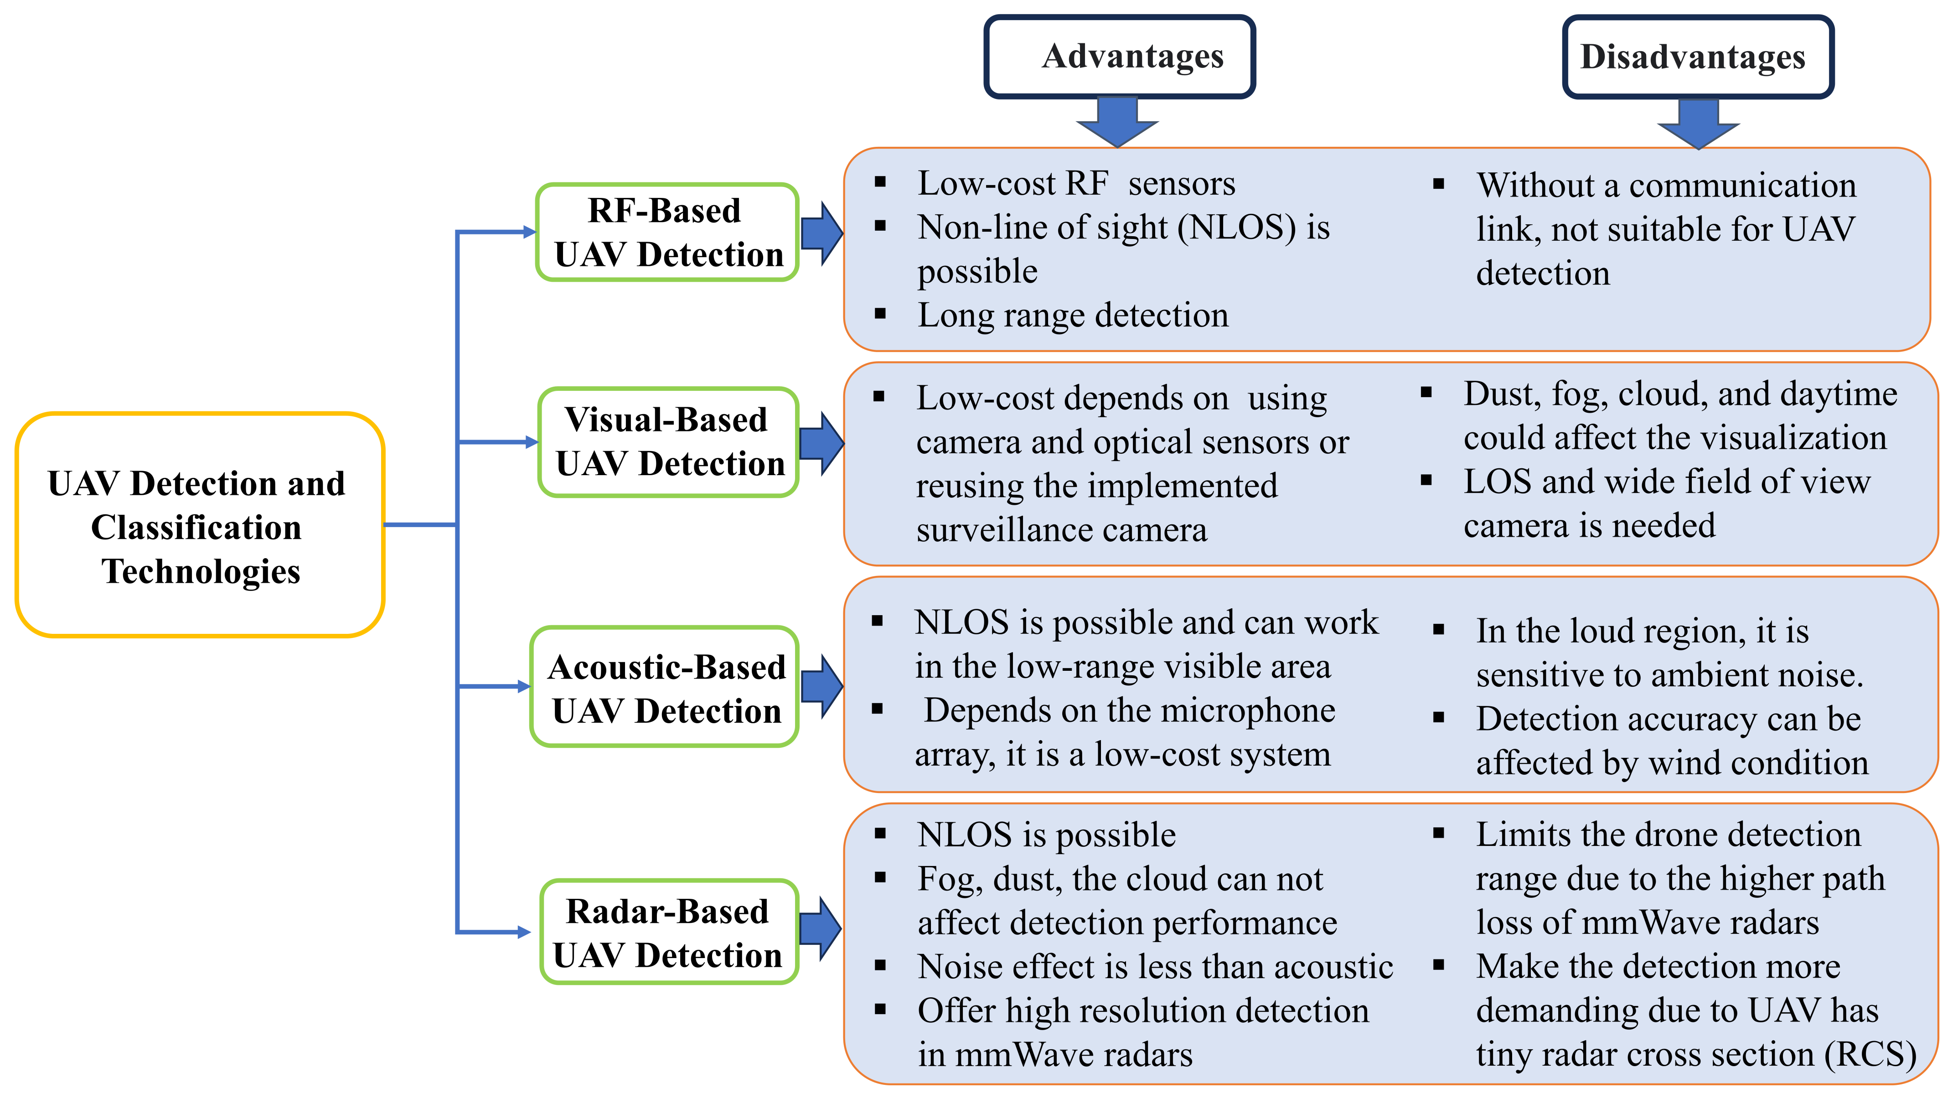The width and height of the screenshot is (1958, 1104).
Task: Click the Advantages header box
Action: click(1119, 57)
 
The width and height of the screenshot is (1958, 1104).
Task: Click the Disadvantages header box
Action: click(1697, 57)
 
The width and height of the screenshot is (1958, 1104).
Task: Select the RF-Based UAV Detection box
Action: click(667, 232)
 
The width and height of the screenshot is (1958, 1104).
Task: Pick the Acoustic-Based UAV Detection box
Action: click(665, 687)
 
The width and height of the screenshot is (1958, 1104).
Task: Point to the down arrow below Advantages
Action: click(1117, 122)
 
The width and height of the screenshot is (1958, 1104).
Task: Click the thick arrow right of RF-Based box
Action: click(821, 233)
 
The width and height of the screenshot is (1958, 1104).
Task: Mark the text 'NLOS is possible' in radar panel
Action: click(1046, 835)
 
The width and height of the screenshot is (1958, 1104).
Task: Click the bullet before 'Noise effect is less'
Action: click(880, 966)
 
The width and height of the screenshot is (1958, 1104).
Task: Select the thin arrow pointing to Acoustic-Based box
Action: click(494, 687)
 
